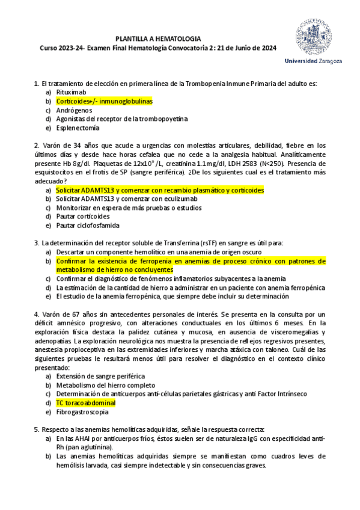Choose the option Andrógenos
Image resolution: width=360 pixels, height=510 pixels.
(x=74, y=111)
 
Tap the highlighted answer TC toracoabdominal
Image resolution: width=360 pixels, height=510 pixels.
(x=86, y=402)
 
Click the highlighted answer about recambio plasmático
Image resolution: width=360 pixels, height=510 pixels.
(x=159, y=190)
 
